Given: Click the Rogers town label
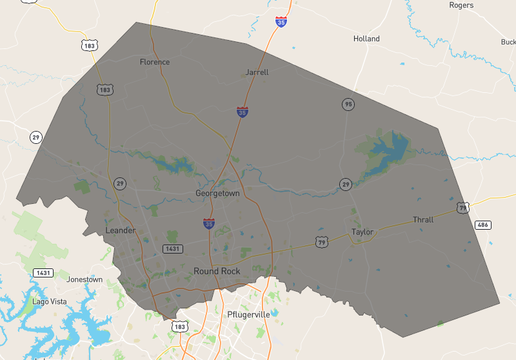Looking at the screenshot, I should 461,5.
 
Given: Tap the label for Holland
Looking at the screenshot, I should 367,39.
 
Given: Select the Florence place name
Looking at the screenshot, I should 155,62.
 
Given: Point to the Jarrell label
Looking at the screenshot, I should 257,73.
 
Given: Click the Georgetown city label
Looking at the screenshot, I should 217,194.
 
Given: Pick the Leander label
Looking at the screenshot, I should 120,230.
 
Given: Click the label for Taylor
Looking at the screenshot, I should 362,232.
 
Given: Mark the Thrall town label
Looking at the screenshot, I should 424,220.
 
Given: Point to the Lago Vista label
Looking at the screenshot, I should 49,300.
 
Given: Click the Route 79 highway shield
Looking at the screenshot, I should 322,242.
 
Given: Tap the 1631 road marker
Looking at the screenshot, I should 173,248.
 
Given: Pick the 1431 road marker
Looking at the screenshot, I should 43,272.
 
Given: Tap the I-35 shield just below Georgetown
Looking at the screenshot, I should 208,223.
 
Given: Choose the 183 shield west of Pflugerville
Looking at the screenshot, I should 180,326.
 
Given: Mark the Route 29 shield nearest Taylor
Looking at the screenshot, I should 344,184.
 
